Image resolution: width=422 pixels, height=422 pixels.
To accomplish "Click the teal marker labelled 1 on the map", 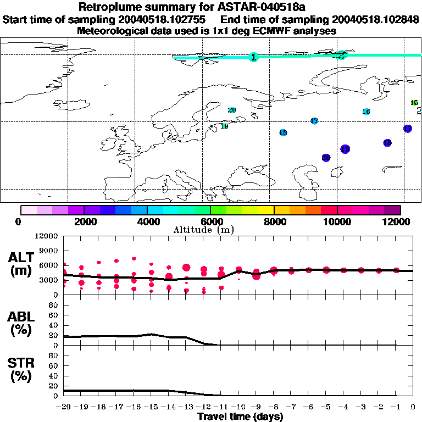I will coord(253,57).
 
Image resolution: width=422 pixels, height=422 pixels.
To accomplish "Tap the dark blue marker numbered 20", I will coord(326,158).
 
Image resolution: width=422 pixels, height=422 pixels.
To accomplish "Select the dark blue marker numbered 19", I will coord(345,149).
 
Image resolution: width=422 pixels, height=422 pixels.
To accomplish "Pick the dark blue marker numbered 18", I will coord(387,143).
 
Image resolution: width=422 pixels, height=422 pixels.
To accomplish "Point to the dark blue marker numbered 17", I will coord(408,129).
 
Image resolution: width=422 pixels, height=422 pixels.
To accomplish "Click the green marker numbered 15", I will coord(414,103).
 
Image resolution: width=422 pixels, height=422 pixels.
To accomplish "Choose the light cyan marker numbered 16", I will coord(367,112).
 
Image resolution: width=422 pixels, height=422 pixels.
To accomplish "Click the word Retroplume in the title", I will coord(107,8).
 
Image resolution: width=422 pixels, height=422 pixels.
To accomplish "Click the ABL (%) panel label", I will coord(22,323).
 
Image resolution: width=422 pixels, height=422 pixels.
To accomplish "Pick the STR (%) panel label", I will coord(22,370).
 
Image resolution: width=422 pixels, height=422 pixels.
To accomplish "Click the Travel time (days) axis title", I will coord(240,417).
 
